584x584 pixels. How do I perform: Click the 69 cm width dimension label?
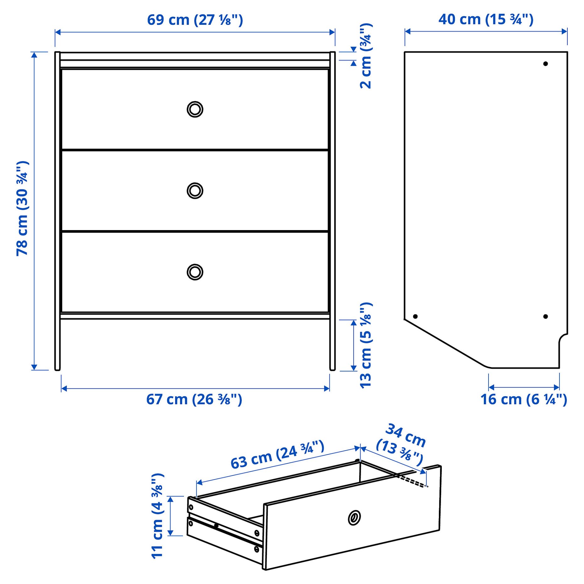[x=195, y=20]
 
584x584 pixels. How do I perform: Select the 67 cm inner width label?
[x=194, y=399]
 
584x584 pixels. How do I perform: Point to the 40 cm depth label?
[x=486, y=19]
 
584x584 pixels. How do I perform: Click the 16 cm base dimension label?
[x=524, y=399]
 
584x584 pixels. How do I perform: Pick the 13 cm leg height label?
[x=365, y=345]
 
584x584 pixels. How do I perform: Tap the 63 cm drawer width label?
[x=277, y=455]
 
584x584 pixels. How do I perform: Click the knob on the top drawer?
[x=195, y=109]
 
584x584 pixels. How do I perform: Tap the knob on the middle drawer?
[x=195, y=191]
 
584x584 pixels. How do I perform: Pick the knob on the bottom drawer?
[x=195, y=272]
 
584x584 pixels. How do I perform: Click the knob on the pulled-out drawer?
[x=354, y=518]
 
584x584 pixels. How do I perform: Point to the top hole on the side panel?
[x=545, y=64]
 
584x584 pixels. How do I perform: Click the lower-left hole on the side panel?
[x=415, y=316]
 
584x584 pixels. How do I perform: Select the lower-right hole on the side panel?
[x=545, y=316]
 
